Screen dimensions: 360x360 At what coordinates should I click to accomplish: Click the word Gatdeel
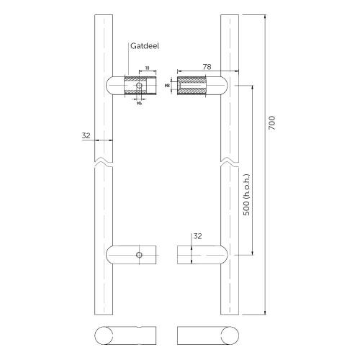(x=145, y=45)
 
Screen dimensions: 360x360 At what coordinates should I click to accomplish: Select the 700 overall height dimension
(x=271, y=124)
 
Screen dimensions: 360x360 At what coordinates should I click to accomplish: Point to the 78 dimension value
(x=206, y=67)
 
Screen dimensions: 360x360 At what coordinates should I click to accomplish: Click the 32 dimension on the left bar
(x=86, y=134)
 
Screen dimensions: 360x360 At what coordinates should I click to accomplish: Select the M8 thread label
(x=166, y=86)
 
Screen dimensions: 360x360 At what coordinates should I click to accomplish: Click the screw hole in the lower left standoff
(x=140, y=255)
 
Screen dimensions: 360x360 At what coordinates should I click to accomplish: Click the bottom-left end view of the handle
(x=122, y=336)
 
